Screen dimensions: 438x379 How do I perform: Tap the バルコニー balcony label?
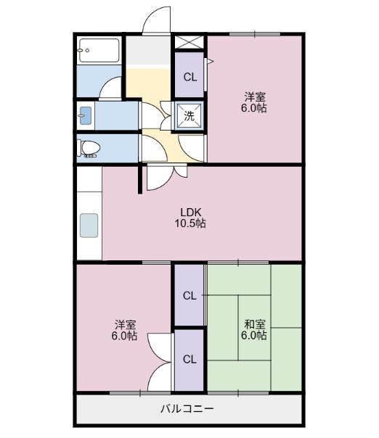[x=187, y=410]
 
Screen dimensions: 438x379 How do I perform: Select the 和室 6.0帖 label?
[x=254, y=329]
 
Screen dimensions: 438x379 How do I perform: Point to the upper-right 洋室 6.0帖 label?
[x=254, y=102]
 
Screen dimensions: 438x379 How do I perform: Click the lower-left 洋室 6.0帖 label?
[x=124, y=330]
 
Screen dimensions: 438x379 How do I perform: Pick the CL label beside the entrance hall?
[x=189, y=77]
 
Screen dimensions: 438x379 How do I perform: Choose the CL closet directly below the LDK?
[x=189, y=295]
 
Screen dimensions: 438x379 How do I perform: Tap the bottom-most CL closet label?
[x=189, y=359]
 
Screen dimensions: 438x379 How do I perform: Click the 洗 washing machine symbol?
[x=189, y=115]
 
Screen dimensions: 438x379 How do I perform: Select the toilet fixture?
[x=89, y=148]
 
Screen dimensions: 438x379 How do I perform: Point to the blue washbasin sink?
[x=86, y=115]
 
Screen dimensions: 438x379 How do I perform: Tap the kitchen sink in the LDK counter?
[x=89, y=226]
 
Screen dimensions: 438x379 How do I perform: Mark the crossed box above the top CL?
[x=189, y=41]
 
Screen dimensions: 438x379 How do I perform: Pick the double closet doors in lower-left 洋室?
[x=160, y=363]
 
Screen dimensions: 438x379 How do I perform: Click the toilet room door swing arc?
[x=152, y=149]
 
